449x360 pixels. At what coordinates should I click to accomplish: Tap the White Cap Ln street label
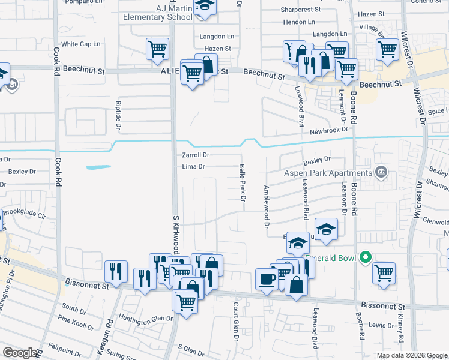pos(80,44)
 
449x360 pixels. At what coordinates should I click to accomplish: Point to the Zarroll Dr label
pos(195,155)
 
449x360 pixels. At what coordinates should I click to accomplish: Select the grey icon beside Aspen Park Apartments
pos(381,173)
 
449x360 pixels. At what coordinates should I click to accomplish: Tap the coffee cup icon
pos(267,279)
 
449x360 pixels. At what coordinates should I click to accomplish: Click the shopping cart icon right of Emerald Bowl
pos(384,273)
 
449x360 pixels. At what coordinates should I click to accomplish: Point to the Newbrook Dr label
pos(329,130)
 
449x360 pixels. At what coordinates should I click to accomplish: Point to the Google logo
pos(20,353)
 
